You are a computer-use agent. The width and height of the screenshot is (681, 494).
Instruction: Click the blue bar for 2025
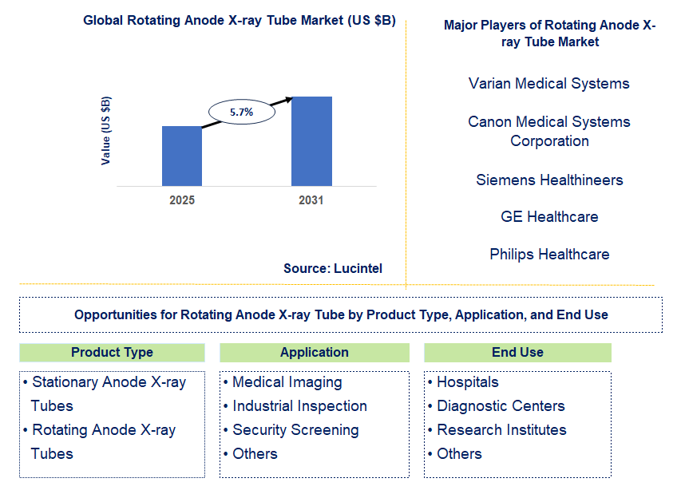pos(182,156)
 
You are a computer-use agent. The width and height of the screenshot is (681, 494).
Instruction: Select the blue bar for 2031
pos(311,141)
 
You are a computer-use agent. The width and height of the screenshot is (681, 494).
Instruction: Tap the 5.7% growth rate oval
pos(242,112)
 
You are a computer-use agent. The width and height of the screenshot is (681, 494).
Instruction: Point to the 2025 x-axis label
pos(182,200)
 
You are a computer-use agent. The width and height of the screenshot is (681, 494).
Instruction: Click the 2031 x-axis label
pos(311,200)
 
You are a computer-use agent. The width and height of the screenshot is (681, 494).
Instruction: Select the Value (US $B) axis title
pos(105,131)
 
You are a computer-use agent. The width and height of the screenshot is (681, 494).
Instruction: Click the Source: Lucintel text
pos(333,268)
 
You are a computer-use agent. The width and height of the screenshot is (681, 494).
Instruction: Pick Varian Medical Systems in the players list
pos(549,83)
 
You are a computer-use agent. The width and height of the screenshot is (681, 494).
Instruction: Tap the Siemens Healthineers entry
pos(549,180)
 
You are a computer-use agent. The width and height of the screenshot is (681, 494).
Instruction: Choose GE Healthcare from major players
pos(549,216)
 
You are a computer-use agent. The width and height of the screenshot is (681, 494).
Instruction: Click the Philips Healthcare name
pos(549,254)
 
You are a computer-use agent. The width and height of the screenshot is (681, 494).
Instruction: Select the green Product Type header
pos(112,353)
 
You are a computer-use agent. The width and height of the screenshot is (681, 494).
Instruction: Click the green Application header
pos(315,353)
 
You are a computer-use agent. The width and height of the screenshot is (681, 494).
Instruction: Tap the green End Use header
pos(517,353)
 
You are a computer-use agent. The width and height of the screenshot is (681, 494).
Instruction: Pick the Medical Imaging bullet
pos(283,382)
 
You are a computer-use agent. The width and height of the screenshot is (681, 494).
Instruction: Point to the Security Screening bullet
pos(291,430)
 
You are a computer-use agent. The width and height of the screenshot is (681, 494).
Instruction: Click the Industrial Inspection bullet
pos(295,406)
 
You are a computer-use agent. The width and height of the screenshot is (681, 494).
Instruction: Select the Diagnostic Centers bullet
pos(497,406)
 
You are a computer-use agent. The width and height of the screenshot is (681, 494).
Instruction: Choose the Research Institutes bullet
pos(497,429)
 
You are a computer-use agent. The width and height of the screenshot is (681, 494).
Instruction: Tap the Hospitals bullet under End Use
pos(463,382)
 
